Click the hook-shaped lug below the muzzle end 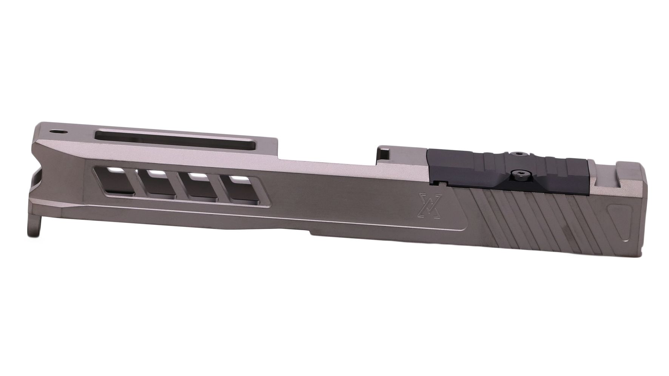point(34,228)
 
